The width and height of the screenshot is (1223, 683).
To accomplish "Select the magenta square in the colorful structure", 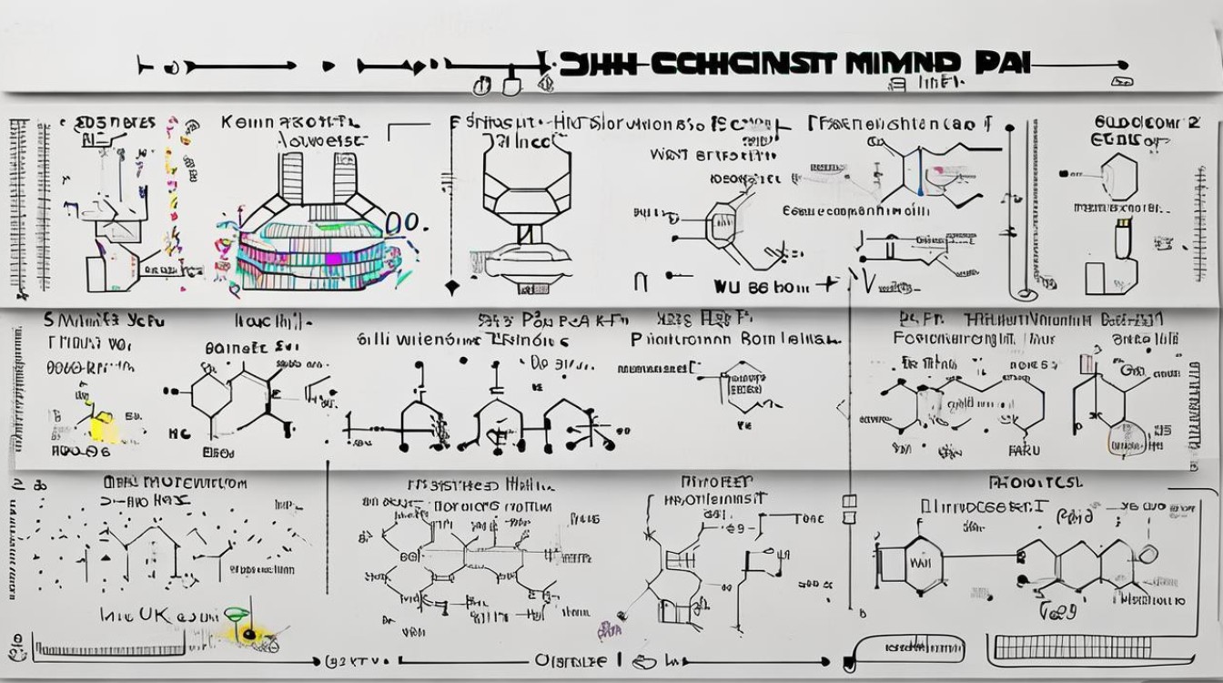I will [333, 260].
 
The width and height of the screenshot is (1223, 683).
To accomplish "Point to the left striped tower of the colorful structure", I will [291, 177].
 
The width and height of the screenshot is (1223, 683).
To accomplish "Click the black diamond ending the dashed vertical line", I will [450, 289].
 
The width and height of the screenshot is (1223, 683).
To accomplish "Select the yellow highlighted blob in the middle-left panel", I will [104, 426].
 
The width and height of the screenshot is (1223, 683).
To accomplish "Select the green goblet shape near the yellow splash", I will [236, 615].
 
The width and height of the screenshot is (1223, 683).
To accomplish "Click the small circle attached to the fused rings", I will [1148, 553].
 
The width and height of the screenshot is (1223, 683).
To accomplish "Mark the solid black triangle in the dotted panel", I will [106, 555].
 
